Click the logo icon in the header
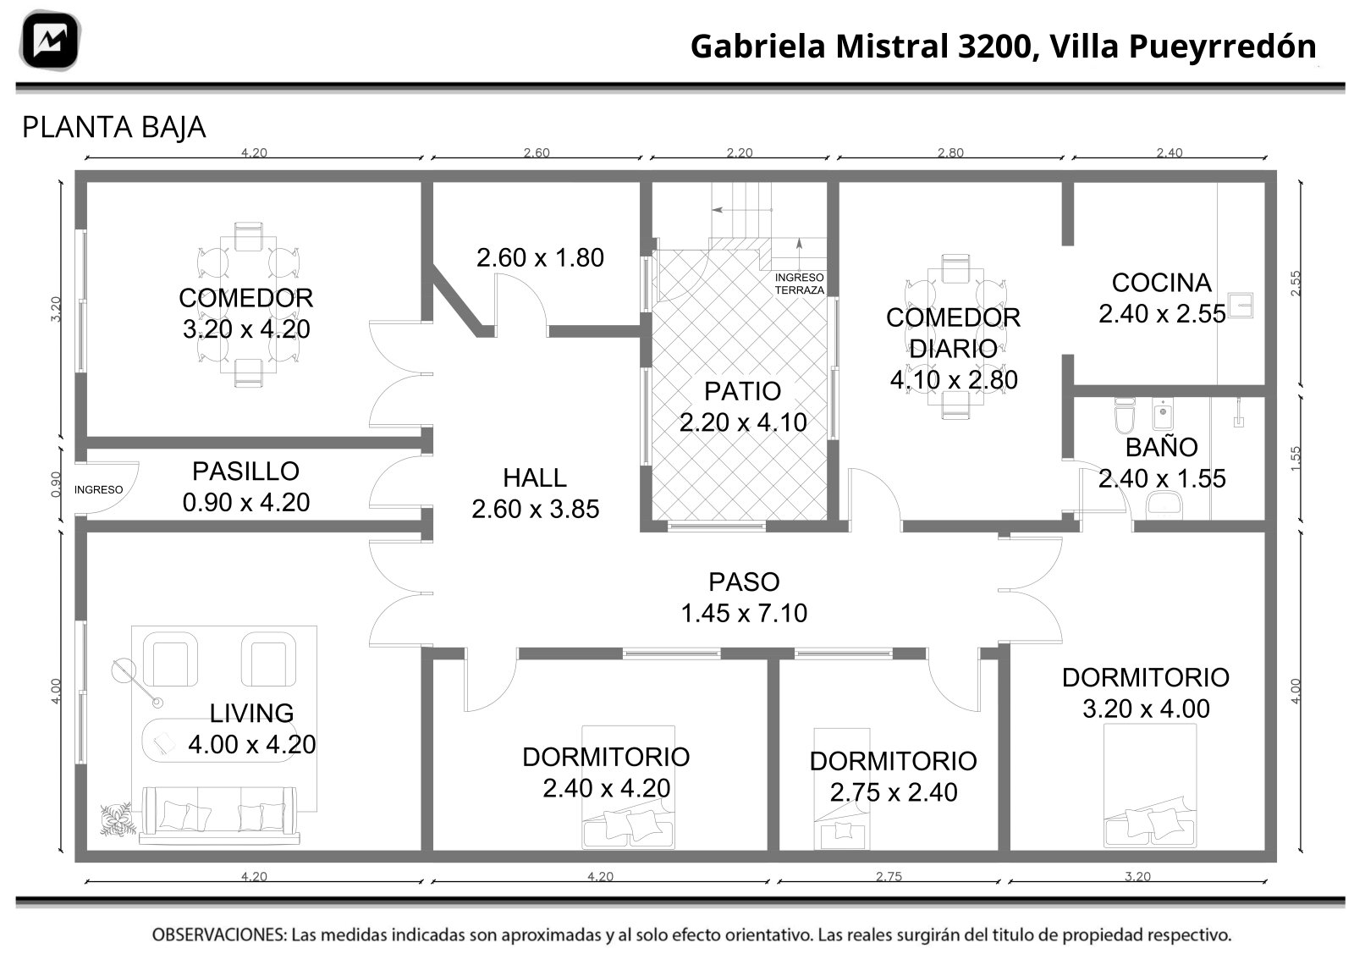[x=50, y=41]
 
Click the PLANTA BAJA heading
[x=113, y=128]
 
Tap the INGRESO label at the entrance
[x=98, y=489]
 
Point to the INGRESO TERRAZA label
[x=799, y=284]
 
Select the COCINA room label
[x=1161, y=283]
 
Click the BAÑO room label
[x=1161, y=447]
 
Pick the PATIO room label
[x=742, y=391]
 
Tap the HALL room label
[x=534, y=478]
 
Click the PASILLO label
[x=245, y=471]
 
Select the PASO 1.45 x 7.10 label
[x=744, y=598]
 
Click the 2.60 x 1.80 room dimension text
[x=540, y=257]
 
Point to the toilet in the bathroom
[x=1125, y=415]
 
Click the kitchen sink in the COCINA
[x=1240, y=306]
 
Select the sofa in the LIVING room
[x=219, y=815]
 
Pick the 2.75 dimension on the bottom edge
[x=889, y=876]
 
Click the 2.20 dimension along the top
[x=740, y=152]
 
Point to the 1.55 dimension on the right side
[x=1296, y=458]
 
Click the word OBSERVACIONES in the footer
[x=219, y=934]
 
